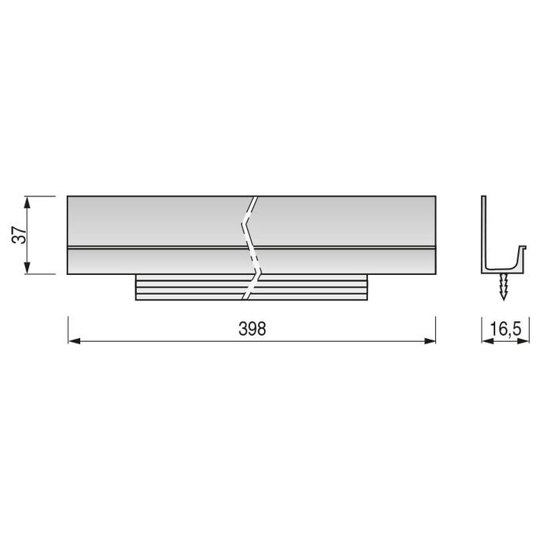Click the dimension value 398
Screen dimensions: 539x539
pyautogui.click(x=252, y=328)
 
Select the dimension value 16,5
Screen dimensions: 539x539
pyautogui.click(x=504, y=329)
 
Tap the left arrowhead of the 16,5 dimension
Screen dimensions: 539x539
pyautogui.click(x=486, y=340)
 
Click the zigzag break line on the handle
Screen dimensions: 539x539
pyautogui.click(x=251, y=246)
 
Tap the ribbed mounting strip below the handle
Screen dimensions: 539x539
pyautogui.click(x=192, y=287)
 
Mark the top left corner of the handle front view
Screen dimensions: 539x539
pyautogui.click(x=68, y=197)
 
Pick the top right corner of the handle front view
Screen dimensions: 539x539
pyautogui.click(x=435, y=197)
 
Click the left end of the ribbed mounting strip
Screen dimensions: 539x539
pyautogui.click(x=137, y=287)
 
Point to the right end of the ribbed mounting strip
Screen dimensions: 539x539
pyautogui.click(x=368, y=287)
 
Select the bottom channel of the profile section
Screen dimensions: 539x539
pyautogui.click(x=502, y=267)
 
